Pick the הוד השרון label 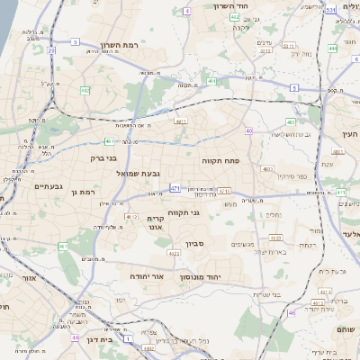click(230, 6)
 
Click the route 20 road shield click(51, 51)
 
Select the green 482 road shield click(85, 90)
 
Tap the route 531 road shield click(331, 9)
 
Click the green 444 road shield click(333, 49)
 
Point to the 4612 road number click(132, 217)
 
